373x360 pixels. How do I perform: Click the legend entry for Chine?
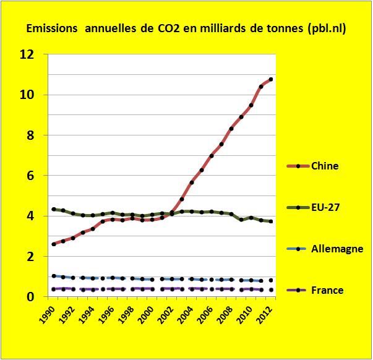[x=325, y=166]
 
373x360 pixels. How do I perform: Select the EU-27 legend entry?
[x=327, y=208]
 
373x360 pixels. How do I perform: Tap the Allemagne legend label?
[x=337, y=249]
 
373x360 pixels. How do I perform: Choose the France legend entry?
[x=327, y=289]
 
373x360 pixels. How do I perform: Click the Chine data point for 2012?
[x=271, y=79]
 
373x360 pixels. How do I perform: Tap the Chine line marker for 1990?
[x=54, y=244]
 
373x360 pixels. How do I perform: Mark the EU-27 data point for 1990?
[x=54, y=209]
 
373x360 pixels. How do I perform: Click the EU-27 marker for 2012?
[x=271, y=221]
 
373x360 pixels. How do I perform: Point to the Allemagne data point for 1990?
[x=54, y=276]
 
